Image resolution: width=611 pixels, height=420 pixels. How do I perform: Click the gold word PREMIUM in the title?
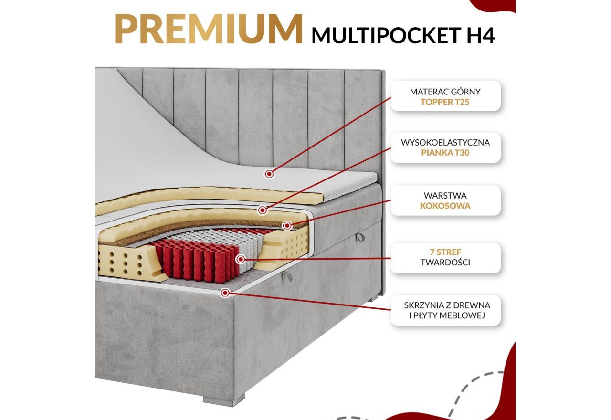click(x=208, y=30)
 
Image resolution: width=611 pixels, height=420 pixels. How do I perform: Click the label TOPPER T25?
click(x=445, y=102)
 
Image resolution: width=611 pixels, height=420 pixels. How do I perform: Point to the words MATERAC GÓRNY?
click(x=445, y=91)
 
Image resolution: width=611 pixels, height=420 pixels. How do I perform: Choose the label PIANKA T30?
click(x=445, y=153)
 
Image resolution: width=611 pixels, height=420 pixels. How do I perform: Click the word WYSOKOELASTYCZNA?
click(x=445, y=142)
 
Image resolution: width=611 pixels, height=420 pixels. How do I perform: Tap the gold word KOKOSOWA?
click(x=445, y=206)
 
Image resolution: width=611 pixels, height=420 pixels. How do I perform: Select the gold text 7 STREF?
click(x=445, y=252)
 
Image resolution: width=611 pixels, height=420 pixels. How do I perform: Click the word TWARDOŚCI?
click(x=445, y=262)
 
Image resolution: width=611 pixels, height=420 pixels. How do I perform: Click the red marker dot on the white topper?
click(x=269, y=174)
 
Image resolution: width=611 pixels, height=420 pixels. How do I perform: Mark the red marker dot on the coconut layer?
click(x=287, y=225)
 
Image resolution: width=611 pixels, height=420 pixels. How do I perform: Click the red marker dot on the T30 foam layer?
click(x=262, y=210)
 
